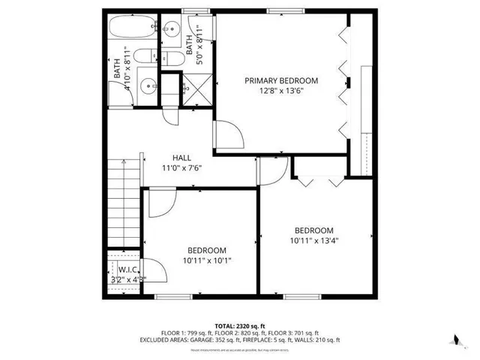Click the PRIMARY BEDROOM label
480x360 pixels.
tap(281, 80)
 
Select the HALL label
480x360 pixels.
tap(181, 158)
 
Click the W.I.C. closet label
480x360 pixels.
tap(124, 269)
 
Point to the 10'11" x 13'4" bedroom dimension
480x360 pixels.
tap(313, 241)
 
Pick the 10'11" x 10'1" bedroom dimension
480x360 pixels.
tap(206, 260)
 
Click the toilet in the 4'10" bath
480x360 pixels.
tap(147, 57)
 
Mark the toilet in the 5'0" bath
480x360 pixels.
tap(169, 60)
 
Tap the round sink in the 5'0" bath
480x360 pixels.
tap(171, 30)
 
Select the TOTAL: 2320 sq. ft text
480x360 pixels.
tap(239, 325)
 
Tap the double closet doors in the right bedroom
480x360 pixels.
tap(319, 180)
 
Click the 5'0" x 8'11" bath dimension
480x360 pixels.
tap(200, 46)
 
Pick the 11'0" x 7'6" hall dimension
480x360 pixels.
tap(181, 168)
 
